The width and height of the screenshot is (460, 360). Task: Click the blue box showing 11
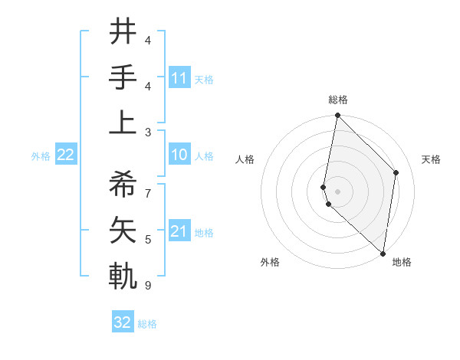[179, 78]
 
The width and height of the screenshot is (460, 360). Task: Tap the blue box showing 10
[179, 155]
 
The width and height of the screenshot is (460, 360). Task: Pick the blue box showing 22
[65, 155]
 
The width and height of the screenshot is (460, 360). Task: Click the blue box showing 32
[123, 322]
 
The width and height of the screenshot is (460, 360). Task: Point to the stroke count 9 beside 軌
[148, 286]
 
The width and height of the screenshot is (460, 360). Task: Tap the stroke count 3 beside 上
[148, 133]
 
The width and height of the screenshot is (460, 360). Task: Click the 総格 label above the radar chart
[338, 100]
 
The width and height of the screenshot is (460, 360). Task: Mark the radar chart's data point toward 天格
[396, 172]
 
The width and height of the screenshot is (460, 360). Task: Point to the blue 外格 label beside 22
[41, 156]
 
